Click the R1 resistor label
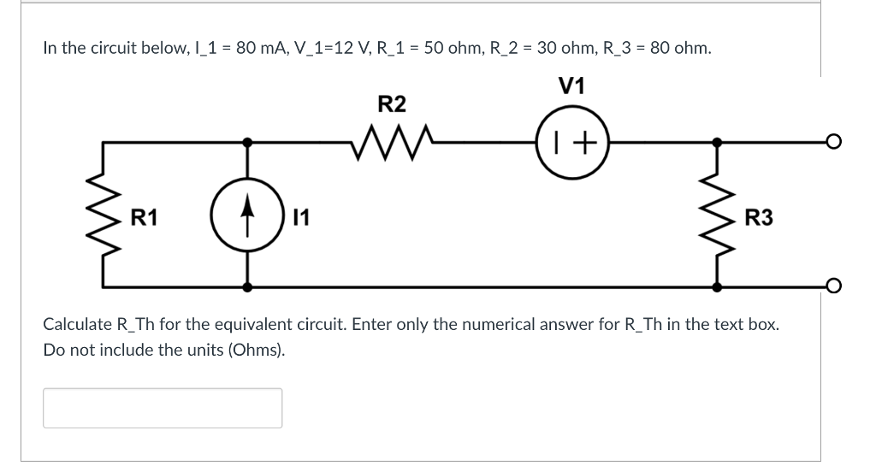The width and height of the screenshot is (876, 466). pos(144,218)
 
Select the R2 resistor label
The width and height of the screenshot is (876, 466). pos(392,104)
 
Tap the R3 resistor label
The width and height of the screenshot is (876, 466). pos(759,218)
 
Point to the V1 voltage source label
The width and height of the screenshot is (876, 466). pos(571,86)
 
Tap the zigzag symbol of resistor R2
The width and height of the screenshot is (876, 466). pos(393,141)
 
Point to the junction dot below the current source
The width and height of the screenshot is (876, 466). pos(249,285)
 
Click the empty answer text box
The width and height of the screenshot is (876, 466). pos(163,408)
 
